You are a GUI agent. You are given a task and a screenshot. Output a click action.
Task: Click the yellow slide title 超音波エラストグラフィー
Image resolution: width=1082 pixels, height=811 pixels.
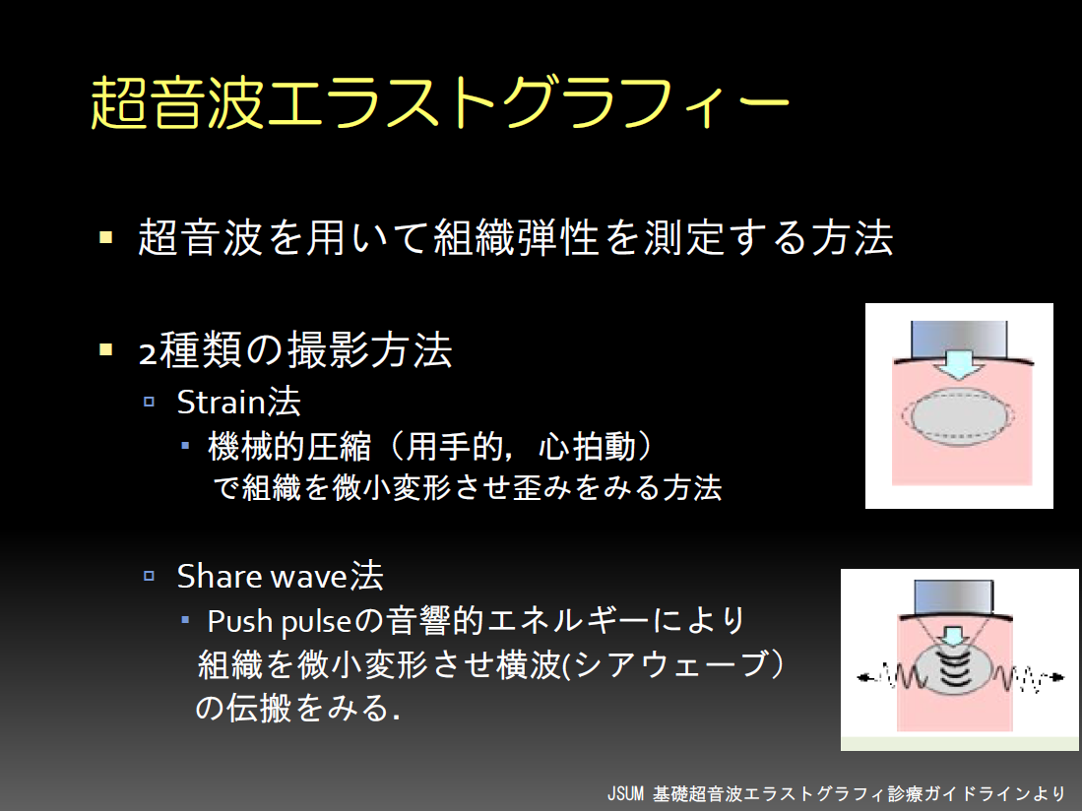(x=439, y=103)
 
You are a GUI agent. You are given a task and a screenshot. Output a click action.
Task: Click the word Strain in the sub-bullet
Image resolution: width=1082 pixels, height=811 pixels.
(x=222, y=402)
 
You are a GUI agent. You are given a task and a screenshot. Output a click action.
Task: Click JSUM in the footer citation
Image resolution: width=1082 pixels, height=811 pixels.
(x=625, y=793)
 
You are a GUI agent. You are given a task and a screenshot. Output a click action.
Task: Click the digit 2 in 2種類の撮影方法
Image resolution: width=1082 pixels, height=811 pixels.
(x=148, y=353)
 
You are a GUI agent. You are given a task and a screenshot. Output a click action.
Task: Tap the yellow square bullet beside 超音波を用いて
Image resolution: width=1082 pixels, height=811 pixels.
(x=105, y=238)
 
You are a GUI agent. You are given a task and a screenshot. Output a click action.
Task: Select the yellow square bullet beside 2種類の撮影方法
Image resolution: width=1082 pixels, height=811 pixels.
(x=105, y=349)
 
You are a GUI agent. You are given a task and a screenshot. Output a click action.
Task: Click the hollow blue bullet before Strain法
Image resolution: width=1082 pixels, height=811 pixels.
(x=149, y=402)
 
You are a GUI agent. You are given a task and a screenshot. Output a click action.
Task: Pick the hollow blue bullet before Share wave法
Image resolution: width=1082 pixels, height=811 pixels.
(x=149, y=576)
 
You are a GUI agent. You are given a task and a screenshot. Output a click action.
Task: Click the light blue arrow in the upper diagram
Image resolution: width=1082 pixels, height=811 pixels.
(x=959, y=364)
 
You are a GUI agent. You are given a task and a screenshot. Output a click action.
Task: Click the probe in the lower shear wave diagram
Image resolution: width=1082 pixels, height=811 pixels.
(x=954, y=597)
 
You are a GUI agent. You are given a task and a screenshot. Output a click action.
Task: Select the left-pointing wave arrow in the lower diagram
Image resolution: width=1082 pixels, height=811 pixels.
(x=889, y=677)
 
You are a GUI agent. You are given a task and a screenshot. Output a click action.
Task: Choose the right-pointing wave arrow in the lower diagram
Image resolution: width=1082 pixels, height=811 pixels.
(x=1029, y=678)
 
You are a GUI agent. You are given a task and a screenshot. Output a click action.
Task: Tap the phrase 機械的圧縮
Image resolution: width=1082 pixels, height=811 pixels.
(x=289, y=446)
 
